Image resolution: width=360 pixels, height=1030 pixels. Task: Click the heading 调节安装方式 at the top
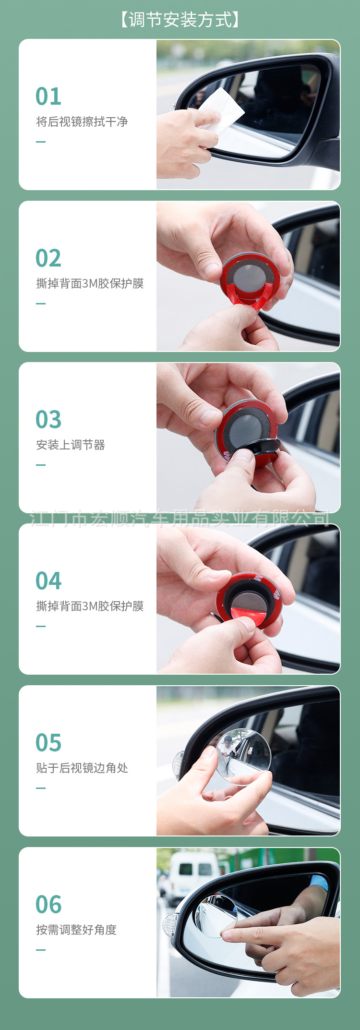[x=180, y=20]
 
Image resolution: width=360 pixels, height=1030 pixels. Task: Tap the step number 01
[x=48, y=96]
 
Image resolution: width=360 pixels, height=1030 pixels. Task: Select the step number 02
[x=48, y=258]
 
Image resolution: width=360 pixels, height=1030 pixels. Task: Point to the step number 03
[x=48, y=419]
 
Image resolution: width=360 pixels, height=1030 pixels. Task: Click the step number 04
[x=48, y=581]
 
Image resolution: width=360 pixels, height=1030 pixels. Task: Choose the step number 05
[x=48, y=742]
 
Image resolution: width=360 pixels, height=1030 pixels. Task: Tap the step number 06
[x=48, y=904]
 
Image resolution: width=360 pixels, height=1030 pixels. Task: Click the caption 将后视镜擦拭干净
[x=82, y=121]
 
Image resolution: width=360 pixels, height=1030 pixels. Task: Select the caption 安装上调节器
[x=71, y=445]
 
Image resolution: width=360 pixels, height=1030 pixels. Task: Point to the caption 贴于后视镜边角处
[x=82, y=768]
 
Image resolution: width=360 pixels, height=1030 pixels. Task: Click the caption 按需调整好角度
[x=76, y=930]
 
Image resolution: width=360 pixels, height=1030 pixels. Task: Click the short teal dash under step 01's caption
[x=41, y=142]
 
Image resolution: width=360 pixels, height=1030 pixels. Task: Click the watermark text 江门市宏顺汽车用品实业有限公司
[x=180, y=519]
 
